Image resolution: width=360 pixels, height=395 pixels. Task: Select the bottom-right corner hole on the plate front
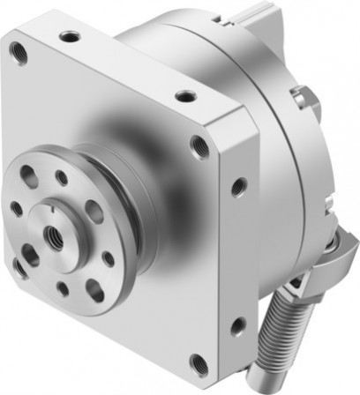(200, 361)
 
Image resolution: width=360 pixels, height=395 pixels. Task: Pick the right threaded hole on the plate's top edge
(184, 96)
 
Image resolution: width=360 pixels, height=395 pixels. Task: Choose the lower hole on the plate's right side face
(236, 327)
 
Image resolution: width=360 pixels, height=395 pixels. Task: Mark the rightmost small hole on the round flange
(108, 257)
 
